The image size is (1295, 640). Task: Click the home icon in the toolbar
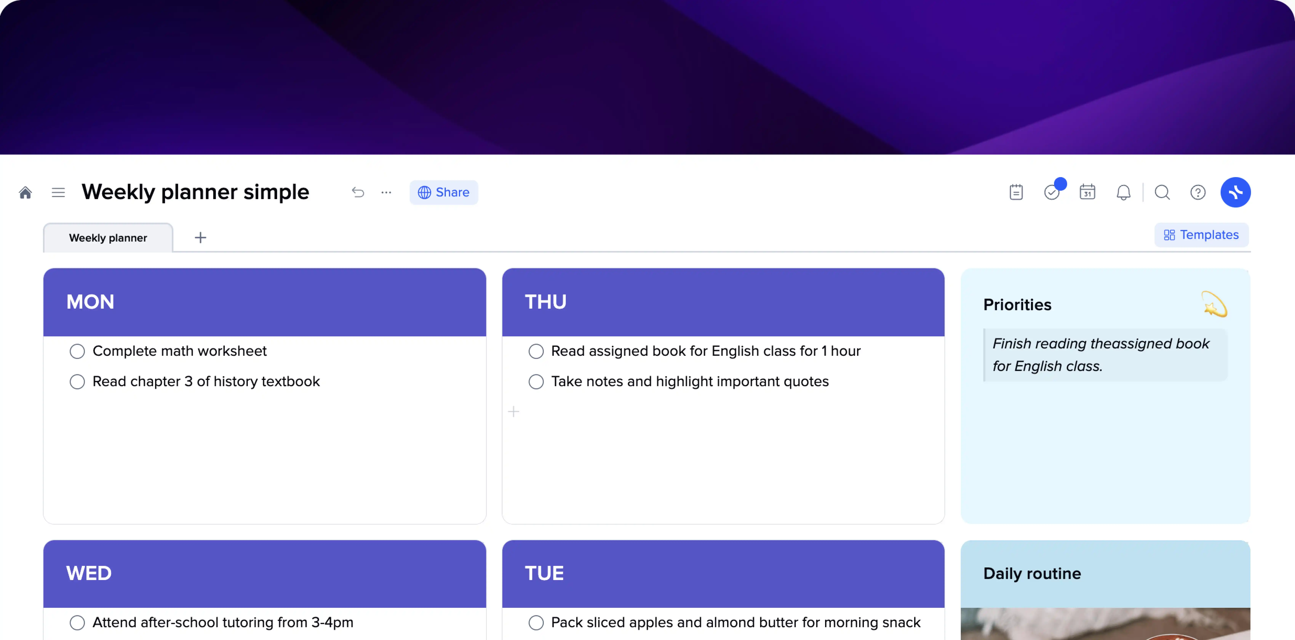pos(25,193)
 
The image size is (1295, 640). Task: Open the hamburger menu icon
pos(58,193)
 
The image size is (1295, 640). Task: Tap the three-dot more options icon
pos(386,193)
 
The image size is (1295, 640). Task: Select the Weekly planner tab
pos(108,238)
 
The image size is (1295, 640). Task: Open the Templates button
pos(1201,235)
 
